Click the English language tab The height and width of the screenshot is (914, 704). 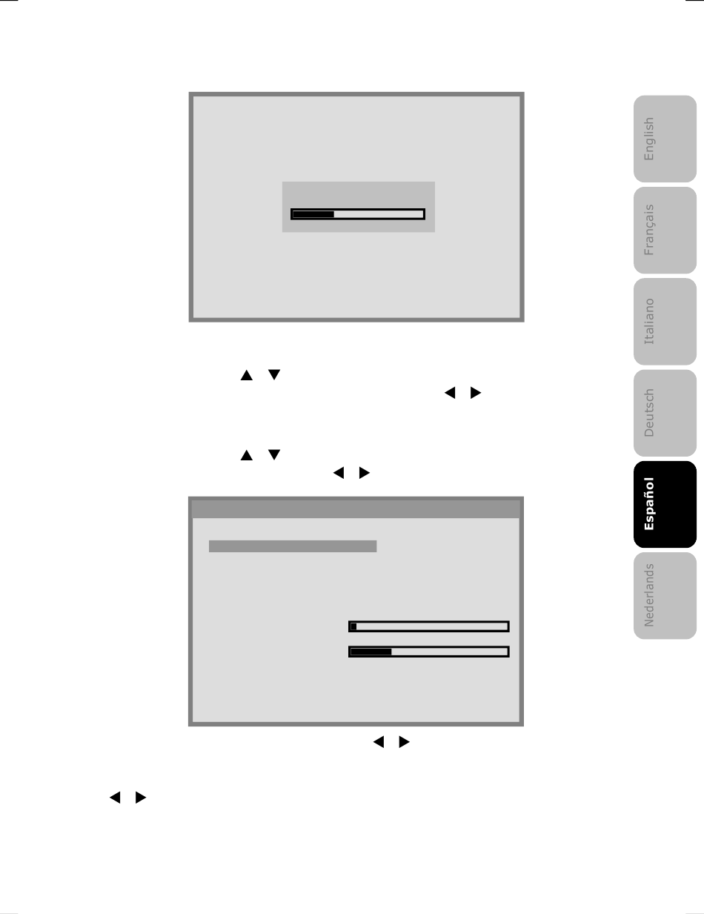point(665,139)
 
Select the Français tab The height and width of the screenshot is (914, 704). point(665,230)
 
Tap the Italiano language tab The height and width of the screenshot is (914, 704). point(665,322)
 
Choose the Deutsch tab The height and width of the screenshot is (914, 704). point(665,413)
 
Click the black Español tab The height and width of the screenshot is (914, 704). point(665,504)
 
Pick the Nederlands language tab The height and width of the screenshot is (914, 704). point(665,595)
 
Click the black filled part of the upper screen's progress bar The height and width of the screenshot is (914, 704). point(313,214)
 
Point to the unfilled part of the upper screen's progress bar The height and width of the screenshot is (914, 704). point(378,214)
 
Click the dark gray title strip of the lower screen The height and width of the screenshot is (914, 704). point(356,509)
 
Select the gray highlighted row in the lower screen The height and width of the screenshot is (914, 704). point(293,546)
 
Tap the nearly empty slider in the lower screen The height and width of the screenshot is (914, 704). point(429,626)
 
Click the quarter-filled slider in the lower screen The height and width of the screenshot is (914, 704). point(429,652)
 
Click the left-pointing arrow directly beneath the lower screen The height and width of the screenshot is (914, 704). point(379,741)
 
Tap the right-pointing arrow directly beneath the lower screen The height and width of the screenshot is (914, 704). point(404,741)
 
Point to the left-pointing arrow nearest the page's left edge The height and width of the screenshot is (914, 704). point(115,797)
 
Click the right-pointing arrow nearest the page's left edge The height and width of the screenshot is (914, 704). point(140,797)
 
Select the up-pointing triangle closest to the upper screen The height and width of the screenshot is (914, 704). point(247,375)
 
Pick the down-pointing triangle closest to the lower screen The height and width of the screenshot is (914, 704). point(274,454)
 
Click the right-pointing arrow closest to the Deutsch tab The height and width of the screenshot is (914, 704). point(475,392)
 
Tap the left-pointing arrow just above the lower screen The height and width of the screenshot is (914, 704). point(339,473)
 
